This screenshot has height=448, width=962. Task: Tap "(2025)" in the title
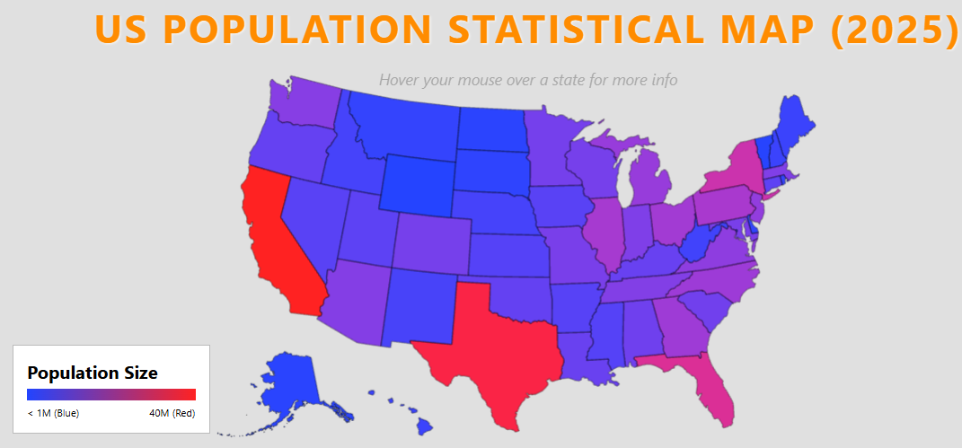(x=893, y=30)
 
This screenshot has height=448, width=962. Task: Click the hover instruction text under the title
(x=528, y=80)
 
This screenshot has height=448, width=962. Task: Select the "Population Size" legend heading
(x=93, y=373)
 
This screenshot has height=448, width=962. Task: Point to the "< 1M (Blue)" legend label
(x=53, y=413)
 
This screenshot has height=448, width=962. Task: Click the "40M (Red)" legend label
(x=172, y=413)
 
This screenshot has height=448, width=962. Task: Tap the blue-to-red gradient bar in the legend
(x=111, y=394)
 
